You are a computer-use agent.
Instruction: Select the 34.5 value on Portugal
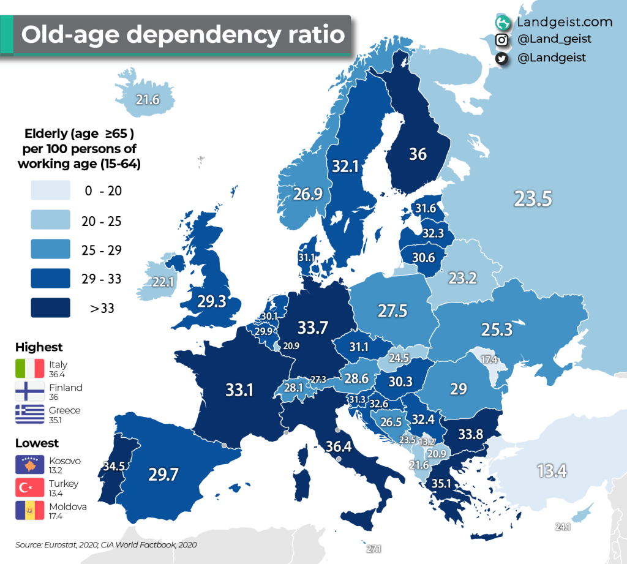pos(113,467)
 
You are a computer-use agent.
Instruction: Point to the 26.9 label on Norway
pos(307,194)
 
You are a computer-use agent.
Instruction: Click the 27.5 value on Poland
pos(392,310)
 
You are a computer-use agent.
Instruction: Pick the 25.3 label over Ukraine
pos(496,330)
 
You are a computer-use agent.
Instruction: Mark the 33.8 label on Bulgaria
pos(471,435)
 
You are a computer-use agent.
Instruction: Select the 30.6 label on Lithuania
pos(423,258)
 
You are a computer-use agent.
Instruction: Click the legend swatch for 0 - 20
pos(50,191)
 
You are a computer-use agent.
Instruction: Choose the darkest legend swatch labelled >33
pos(50,308)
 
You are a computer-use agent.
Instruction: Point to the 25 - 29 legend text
pos(102,250)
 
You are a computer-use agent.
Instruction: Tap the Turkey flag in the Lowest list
pos(30,488)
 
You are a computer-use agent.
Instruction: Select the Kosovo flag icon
pos(30,465)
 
